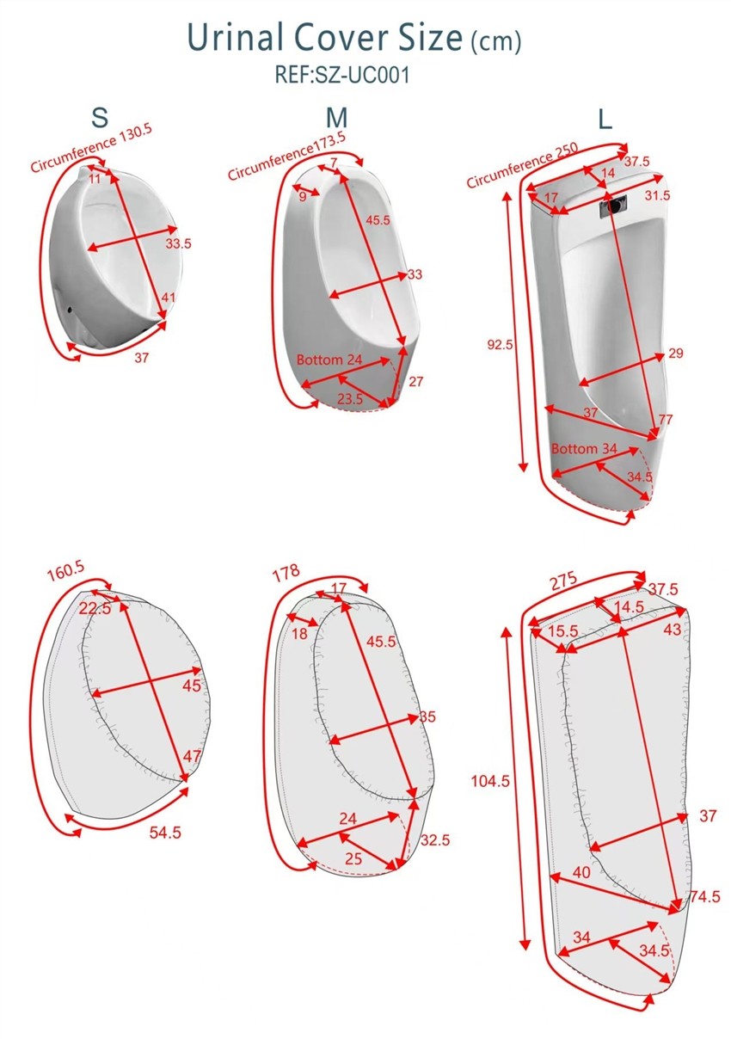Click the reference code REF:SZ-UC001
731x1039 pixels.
pyautogui.click(x=342, y=74)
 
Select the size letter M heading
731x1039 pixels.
pyautogui.click(x=336, y=118)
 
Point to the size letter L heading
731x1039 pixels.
pyautogui.click(x=605, y=120)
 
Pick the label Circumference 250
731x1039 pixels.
pyautogui.click(x=522, y=165)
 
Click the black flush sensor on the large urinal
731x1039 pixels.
pyautogui.click(x=614, y=205)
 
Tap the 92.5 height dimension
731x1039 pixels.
pyautogui.click(x=500, y=345)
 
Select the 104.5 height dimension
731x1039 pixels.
pyautogui.click(x=490, y=781)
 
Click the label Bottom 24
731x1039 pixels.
pyautogui.click(x=329, y=360)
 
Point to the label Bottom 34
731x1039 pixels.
pyautogui.click(x=584, y=448)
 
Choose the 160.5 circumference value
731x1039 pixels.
pyautogui.click(x=65, y=571)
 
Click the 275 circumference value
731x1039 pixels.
pyautogui.click(x=564, y=581)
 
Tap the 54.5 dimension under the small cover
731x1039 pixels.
pyautogui.click(x=165, y=833)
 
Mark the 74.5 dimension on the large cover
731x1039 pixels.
pyautogui.click(x=705, y=896)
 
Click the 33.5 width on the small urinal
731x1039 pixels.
pyautogui.click(x=179, y=243)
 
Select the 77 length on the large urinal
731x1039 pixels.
pyautogui.click(x=665, y=420)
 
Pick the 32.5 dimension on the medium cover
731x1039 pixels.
pyautogui.click(x=435, y=840)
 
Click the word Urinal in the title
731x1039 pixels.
pyautogui.click(x=235, y=37)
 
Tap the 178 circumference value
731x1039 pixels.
pyautogui.click(x=286, y=574)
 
